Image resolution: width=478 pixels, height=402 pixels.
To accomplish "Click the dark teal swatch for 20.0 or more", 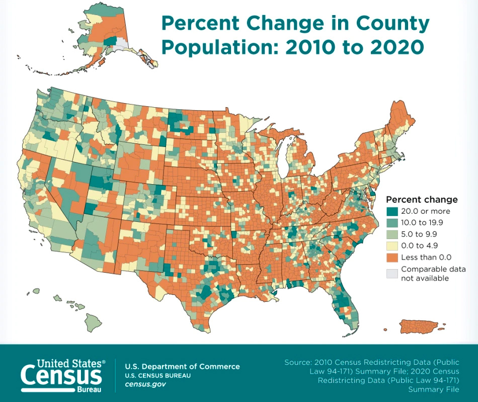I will [x=392, y=211].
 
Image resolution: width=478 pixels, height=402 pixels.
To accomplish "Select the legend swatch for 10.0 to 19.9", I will [x=392, y=222].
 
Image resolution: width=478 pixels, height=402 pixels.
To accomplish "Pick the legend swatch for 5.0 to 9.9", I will [x=392, y=234].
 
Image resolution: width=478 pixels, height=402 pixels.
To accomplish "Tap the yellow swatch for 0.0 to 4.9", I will [x=392, y=246].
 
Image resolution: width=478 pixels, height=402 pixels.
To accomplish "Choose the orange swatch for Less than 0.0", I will [x=392, y=257].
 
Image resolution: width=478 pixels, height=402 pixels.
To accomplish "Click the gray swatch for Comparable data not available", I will [x=392, y=273].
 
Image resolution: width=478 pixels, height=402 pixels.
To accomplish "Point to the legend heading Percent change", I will [x=422, y=199].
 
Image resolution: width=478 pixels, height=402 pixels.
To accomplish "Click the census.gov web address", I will [x=145, y=384].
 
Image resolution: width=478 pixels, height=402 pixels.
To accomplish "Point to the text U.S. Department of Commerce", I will [x=182, y=366].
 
